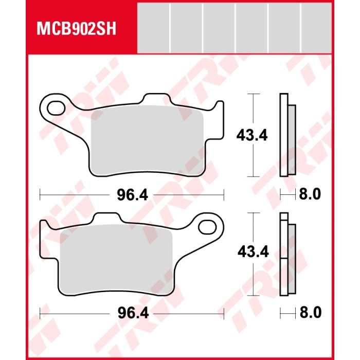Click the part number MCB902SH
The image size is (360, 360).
click(77, 29)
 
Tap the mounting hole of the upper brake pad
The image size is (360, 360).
click(56, 108)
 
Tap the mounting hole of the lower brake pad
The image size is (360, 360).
click(207, 227)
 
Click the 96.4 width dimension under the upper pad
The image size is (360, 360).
click(133, 195)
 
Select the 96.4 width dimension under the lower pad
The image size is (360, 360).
click(133, 313)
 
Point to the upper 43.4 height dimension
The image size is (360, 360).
click(252, 135)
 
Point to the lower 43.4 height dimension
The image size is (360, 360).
click(253, 251)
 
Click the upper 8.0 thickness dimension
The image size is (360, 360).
click(310, 194)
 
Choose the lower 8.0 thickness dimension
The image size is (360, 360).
click(311, 313)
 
